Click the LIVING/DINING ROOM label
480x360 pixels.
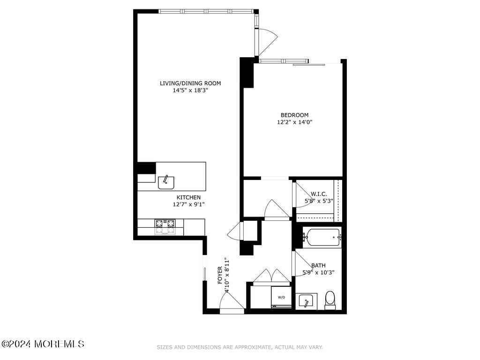click(190, 83)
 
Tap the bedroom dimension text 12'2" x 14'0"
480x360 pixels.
click(294, 122)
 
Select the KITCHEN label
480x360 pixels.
click(188, 197)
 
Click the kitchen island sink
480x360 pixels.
click(166, 181)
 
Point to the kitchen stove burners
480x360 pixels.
click(165, 226)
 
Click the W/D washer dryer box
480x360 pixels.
click(281, 297)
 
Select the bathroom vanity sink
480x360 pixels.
click(307, 301)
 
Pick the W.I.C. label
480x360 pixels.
click(319, 194)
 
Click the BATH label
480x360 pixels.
click(318, 265)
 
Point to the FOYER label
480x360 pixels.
click(220, 275)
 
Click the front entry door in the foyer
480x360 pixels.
click(232, 305)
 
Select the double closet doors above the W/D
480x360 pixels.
click(271, 277)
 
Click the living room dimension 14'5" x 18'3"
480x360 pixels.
click(190, 90)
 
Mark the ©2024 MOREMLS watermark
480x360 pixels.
click(43, 344)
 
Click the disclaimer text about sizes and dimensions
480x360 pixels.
click(240, 347)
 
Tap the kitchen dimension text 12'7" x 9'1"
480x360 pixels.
click(188, 204)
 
